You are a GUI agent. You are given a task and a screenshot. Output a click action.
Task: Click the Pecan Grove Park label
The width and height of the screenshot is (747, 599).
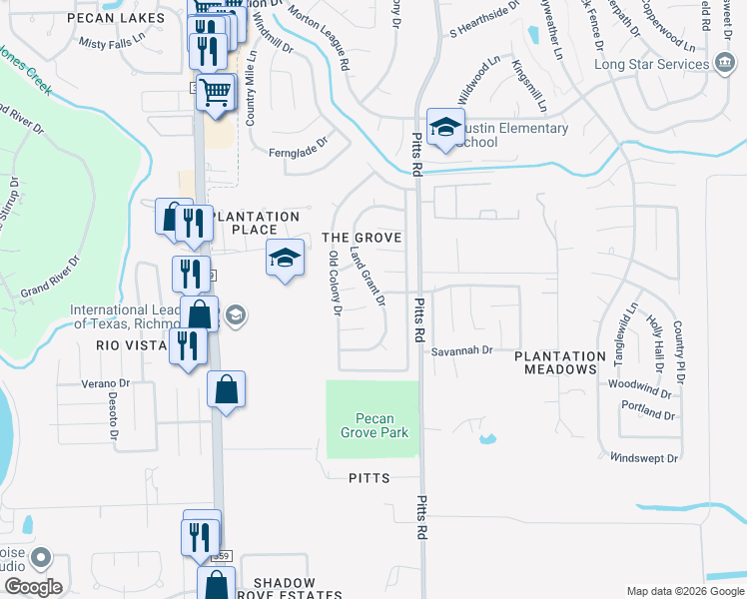click(373, 425)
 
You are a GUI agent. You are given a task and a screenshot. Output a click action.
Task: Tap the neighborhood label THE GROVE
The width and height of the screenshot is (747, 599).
click(362, 238)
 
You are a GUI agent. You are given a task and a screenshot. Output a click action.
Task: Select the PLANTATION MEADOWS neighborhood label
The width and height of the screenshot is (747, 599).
click(560, 362)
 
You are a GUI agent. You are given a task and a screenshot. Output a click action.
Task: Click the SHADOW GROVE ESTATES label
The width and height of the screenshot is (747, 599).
click(284, 588)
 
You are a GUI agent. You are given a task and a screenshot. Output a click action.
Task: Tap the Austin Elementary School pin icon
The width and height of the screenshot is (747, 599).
click(445, 127)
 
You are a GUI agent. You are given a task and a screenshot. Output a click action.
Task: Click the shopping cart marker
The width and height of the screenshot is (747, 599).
click(215, 93)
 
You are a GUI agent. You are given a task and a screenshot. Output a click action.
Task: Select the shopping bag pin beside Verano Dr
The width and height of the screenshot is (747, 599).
click(227, 389)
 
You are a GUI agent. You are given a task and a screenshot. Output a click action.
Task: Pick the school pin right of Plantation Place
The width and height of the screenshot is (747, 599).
click(285, 259)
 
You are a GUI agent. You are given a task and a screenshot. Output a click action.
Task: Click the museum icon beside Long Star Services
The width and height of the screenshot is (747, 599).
click(722, 64)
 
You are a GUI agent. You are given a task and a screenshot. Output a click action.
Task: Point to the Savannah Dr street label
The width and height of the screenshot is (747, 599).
click(462, 351)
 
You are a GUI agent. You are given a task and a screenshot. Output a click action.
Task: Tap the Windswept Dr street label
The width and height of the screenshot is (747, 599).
click(644, 458)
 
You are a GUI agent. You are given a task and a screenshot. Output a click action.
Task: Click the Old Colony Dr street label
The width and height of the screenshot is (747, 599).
click(336, 285)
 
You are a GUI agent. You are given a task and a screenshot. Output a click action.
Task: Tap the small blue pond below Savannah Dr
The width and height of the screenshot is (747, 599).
click(487, 438)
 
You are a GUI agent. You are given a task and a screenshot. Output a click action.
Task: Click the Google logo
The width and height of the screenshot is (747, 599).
click(33, 587)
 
